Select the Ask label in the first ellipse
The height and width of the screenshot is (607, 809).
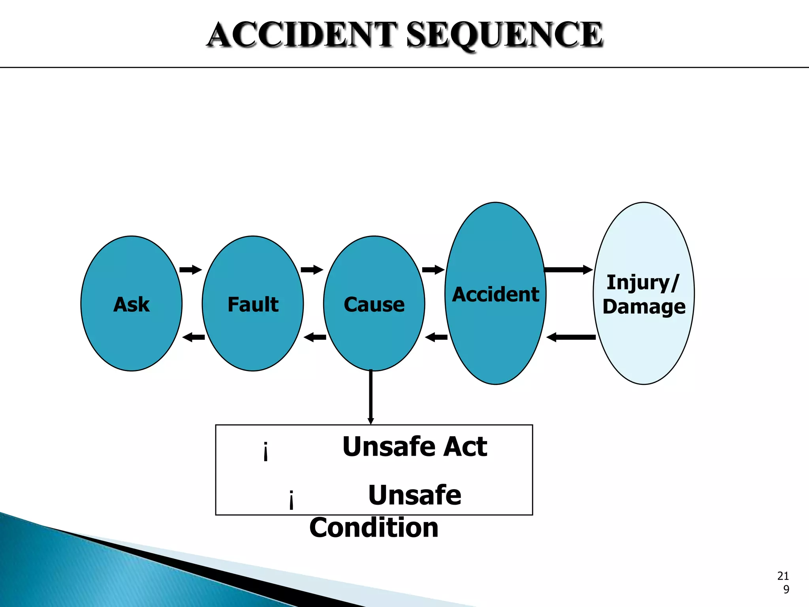coord(132,304)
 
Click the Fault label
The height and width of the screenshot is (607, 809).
coord(253,304)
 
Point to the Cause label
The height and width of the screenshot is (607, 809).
coord(374,304)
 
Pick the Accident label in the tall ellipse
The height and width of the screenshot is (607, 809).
coord(495,294)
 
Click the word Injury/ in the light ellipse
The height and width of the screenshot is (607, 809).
coord(643,283)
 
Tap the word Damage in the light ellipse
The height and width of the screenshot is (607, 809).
coord(644,307)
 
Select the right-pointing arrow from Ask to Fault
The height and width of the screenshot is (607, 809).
coord(190,270)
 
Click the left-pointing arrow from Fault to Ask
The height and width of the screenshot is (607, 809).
coord(194,337)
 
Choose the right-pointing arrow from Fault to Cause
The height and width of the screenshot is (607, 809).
coord(312,270)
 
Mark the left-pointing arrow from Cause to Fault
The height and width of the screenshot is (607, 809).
coord(315,337)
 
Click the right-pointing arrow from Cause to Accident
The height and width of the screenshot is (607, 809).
coord(433,270)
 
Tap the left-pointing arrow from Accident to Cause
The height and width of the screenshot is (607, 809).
coord(436,337)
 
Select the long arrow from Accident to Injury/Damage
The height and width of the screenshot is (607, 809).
coord(568,270)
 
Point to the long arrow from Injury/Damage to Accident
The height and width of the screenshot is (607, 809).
coord(571,337)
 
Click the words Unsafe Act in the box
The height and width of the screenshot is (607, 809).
coord(415,447)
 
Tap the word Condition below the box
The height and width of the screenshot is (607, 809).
coord(374,528)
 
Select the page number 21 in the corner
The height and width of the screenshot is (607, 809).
coord(783,576)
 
